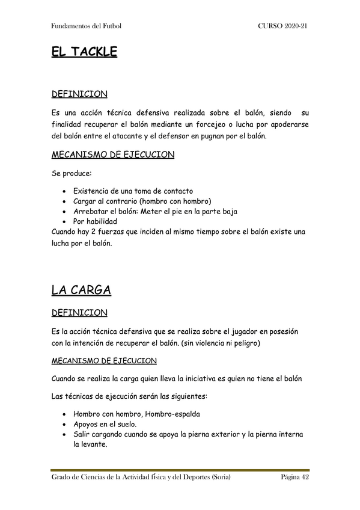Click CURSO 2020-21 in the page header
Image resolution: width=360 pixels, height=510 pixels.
pyautogui.click(x=283, y=26)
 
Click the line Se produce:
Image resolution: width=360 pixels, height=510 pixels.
pyautogui.click(x=72, y=173)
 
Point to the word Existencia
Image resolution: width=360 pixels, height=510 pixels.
pyautogui.click(x=94, y=191)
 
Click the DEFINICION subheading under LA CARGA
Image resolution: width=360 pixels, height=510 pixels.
pyautogui.click(x=80, y=313)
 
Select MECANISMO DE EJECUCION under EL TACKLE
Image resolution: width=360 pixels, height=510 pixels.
pyautogui.click(x=113, y=155)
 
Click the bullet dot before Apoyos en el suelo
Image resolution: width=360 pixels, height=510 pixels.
pyautogui.click(x=64, y=425)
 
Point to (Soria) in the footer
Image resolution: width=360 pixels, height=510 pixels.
pyautogui.click(x=218, y=477)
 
